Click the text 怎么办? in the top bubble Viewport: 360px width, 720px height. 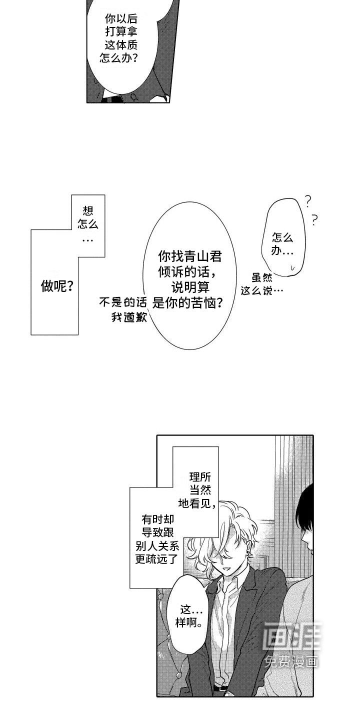tap(119, 58)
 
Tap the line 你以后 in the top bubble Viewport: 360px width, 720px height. tap(121, 19)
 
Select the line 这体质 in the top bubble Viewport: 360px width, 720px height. tap(121, 45)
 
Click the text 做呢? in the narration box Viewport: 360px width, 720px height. tap(56, 286)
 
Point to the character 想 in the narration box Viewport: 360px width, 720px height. tap(88, 211)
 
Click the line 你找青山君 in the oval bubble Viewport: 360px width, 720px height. tap(189, 256)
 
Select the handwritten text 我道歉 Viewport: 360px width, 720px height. tap(129, 317)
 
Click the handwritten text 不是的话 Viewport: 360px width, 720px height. tap(122, 302)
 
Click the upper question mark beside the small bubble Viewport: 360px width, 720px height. tap(308, 201)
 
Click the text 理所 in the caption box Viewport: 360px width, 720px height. tap(200, 476)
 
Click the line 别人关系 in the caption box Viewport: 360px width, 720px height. tap(157, 546)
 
